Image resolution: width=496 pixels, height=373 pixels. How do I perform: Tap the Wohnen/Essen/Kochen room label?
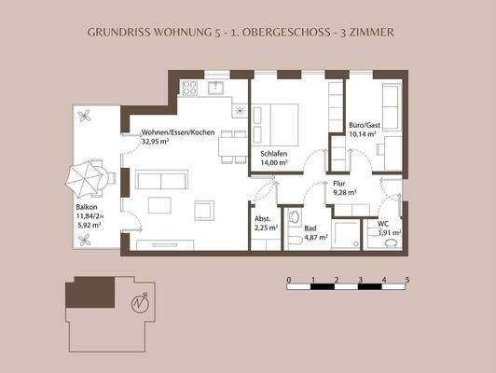pos(177,132)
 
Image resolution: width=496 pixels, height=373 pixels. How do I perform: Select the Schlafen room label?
pos(274,153)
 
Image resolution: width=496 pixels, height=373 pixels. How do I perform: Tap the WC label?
pos(383,223)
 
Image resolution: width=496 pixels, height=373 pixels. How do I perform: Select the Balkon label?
pos(87,207)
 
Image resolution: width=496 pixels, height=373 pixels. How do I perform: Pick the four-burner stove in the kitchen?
pos(189,88)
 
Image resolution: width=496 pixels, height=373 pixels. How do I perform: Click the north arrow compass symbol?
pos(140,302)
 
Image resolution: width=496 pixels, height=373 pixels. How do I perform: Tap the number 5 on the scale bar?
pos(407,279)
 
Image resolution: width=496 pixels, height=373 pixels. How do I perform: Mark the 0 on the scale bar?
pos(289,279)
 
